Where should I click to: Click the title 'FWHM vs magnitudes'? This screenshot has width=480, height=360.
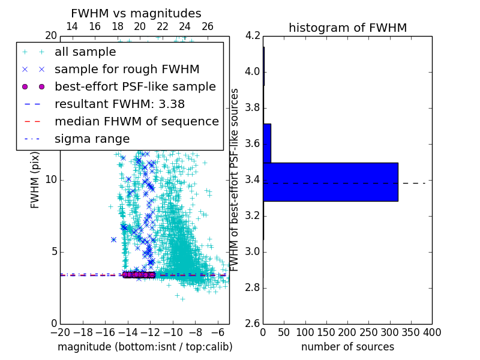pos(136,13)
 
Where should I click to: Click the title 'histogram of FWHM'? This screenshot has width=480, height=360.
pos(347,28)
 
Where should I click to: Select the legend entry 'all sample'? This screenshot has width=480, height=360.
pos(85,52)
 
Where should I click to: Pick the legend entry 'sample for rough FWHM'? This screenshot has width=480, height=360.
pos(127,69)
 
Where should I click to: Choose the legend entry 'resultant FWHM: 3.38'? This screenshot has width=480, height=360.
pos(119,104)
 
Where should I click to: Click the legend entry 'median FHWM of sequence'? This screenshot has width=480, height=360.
pos(136,121)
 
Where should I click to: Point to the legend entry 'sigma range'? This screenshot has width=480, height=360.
pos(92,139)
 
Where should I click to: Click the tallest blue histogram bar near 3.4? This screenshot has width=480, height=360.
pos(330,182)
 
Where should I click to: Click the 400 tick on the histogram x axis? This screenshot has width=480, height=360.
pos(431,332)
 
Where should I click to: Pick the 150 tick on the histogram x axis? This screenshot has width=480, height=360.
pos(326,332)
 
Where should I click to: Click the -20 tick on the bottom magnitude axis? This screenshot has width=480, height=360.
pos(60,332)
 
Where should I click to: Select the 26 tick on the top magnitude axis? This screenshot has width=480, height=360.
pos(208,26)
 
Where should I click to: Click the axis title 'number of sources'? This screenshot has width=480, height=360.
pos(347,347)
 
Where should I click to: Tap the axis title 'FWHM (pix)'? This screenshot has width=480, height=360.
pos(35,179)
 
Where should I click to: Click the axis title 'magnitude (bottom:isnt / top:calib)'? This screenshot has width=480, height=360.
pos(145,347)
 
